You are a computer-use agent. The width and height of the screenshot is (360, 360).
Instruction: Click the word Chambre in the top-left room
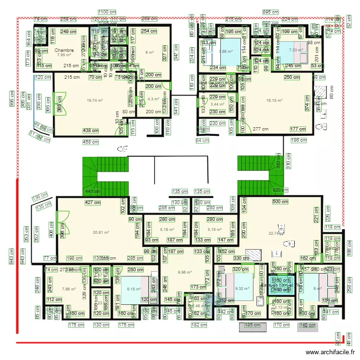(x=64, y=50)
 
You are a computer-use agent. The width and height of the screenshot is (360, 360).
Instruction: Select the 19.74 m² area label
(x=95, y=100)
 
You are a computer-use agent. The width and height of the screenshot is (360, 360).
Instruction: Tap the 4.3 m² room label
(x=153, y=99)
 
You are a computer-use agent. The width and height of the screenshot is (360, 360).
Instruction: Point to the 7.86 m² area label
(x=226, y=51)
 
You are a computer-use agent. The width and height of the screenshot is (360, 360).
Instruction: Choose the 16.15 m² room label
(x=274, y=100)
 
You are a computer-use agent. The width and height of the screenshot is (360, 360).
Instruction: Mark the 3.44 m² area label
(x=217, y=104)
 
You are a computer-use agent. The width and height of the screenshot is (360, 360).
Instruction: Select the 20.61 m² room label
(x=101, y=232)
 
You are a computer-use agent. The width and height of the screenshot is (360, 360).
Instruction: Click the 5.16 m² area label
(x=167, y=229)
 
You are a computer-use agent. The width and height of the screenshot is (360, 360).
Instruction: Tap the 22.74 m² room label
(x=276, y=234)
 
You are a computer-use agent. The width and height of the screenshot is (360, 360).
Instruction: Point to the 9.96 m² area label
(x=184, y=273)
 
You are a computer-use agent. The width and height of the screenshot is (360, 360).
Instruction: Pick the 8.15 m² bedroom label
(x=134, y=288)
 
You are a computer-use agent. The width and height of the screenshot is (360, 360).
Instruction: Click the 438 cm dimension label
(x=91, y=131)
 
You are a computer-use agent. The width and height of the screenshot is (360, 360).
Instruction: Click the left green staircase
(x=106, y=176)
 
